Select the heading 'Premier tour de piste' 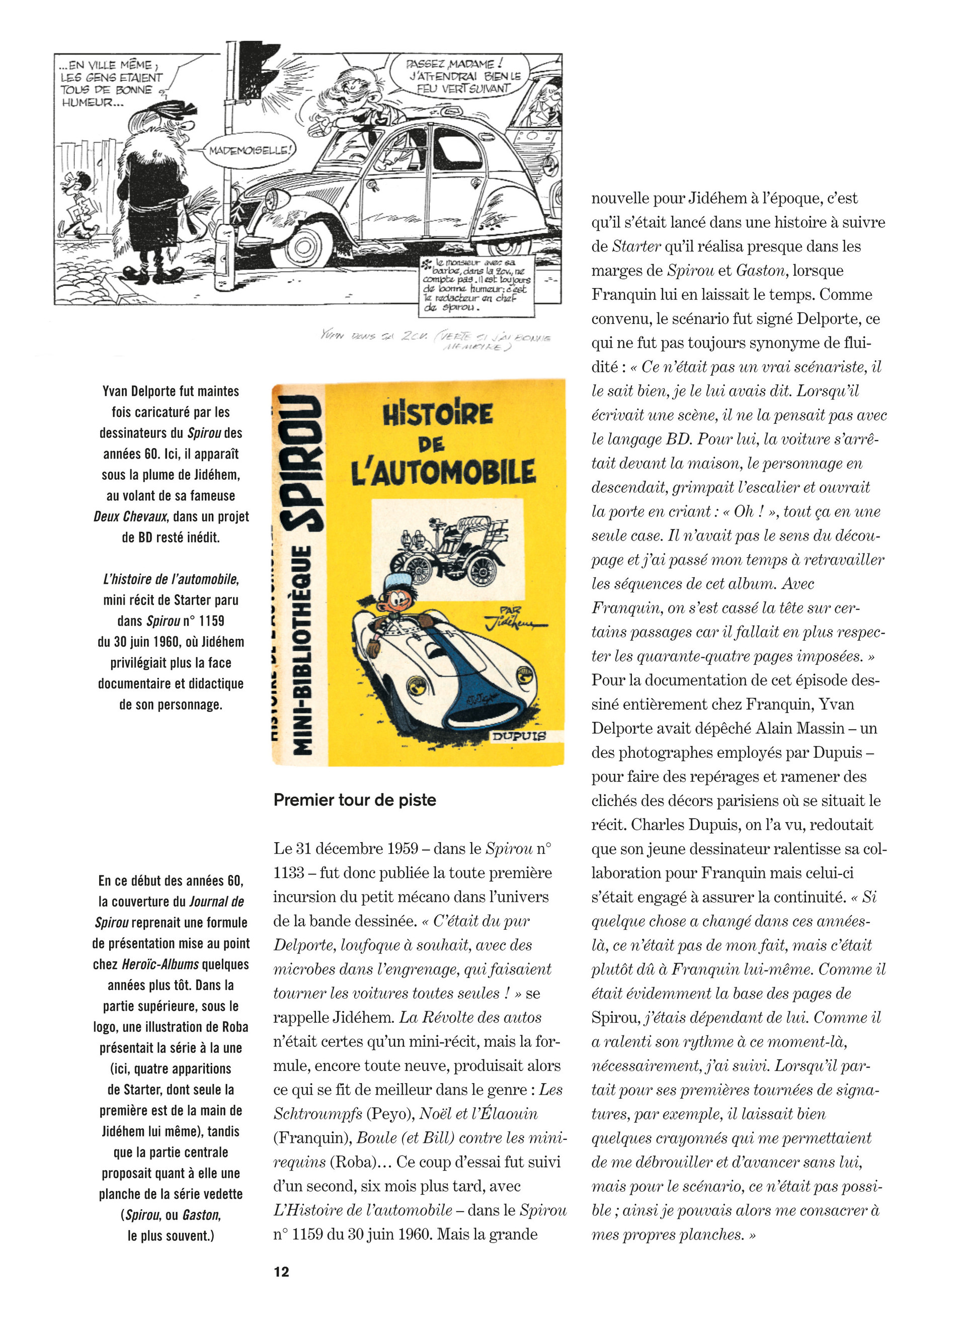[355, 800]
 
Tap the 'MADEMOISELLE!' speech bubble [250, 151]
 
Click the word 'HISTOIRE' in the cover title [438, 415]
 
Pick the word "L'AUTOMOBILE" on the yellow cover [443, 473]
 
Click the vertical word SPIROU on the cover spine [300, 463]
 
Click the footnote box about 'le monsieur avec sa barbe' [476, 286]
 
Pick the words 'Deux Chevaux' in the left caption [130, 516]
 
